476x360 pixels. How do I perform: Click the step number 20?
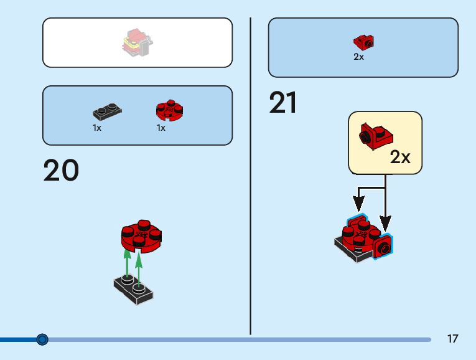61,171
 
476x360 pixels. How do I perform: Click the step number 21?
283,103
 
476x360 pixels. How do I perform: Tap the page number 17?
452,339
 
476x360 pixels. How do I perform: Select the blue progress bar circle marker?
42,339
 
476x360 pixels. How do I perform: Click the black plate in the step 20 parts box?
107,113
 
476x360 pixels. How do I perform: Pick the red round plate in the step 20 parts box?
169,111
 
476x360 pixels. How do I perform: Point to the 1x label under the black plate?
97,128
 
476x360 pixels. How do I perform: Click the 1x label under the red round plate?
161,128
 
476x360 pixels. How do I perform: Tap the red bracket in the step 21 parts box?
363,42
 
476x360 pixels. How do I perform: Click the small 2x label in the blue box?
358,57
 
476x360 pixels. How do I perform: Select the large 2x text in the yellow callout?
400,157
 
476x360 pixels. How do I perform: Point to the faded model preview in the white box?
138,42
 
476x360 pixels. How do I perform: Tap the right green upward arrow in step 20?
139,267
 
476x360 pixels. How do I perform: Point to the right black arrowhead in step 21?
386,222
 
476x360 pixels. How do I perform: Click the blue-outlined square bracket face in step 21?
383,248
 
